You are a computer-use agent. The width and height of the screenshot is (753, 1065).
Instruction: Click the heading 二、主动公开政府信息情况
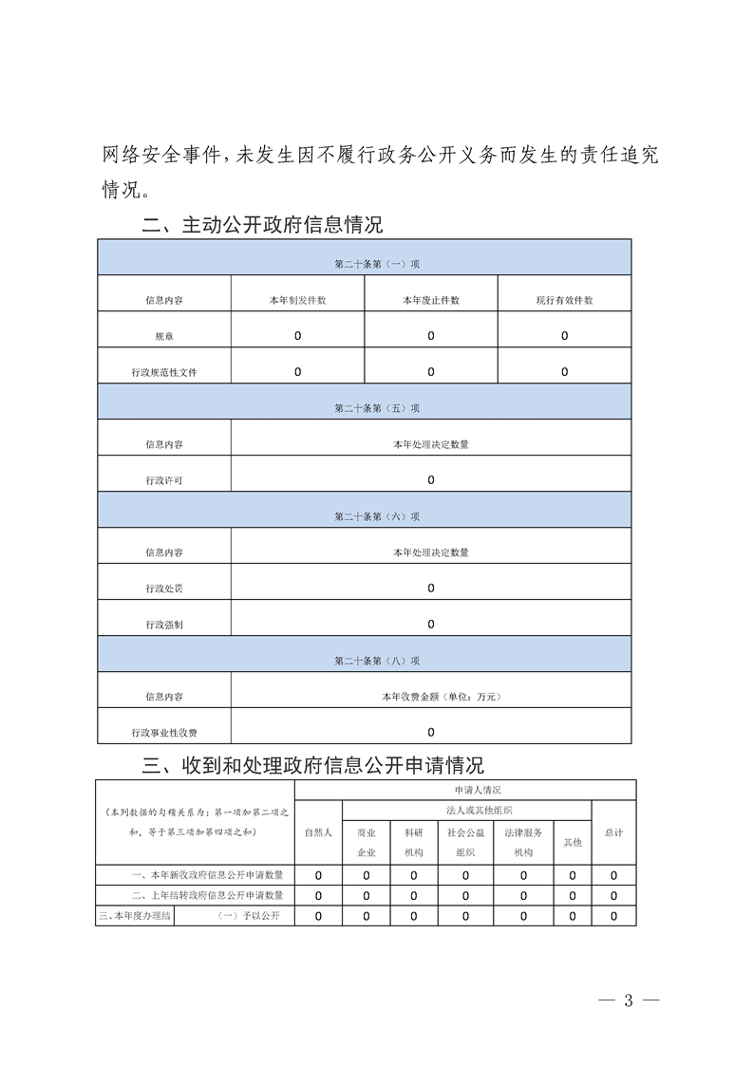[261, 225]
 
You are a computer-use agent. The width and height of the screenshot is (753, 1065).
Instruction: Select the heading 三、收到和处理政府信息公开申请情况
[312, 765]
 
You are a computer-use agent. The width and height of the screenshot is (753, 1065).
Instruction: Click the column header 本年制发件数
[297, 300]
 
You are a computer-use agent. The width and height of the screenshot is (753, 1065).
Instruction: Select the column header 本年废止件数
[430, 300]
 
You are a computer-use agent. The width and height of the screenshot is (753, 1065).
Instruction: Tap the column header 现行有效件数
[564, 300]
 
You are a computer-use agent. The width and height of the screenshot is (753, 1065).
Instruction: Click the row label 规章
[164, 336]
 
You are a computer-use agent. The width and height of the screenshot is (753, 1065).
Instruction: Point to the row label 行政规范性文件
[164, 372]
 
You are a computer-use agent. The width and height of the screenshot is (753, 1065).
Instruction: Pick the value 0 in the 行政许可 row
[431, 480]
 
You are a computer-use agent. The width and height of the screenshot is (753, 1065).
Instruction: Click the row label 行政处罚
[164, 589]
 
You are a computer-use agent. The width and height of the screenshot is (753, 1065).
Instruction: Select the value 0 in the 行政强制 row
[431, 625]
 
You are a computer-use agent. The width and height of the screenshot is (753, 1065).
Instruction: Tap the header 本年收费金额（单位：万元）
[431, 697]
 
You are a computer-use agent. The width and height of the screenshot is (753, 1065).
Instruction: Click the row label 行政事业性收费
[164, 733]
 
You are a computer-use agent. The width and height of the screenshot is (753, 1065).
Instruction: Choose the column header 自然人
[318, 832]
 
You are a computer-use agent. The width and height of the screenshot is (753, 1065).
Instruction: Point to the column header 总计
[613, 832]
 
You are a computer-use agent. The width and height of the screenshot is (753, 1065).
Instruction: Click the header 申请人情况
[465, 790]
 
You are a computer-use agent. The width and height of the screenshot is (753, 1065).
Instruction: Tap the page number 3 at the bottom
[628, 1000]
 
